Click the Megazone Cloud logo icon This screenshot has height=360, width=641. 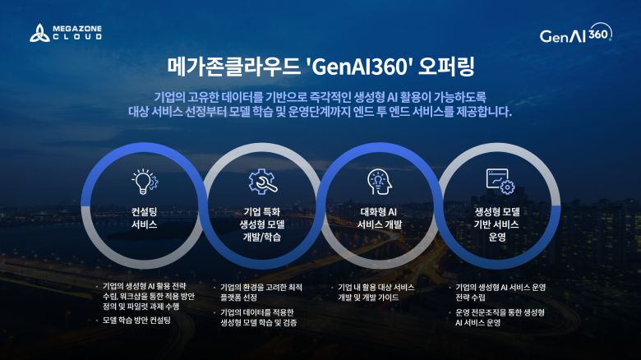39,34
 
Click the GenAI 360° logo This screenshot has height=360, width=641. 576,35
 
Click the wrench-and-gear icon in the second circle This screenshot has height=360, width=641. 262,181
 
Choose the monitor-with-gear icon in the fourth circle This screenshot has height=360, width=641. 499,181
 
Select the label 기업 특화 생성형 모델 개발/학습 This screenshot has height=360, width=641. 262,224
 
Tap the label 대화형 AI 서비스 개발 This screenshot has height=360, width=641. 379,217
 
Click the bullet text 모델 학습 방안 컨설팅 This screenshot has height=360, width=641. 137,320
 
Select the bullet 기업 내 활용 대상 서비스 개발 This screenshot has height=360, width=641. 378,292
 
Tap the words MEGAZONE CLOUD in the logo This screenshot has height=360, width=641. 77,34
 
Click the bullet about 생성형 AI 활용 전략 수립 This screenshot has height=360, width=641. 148,296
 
